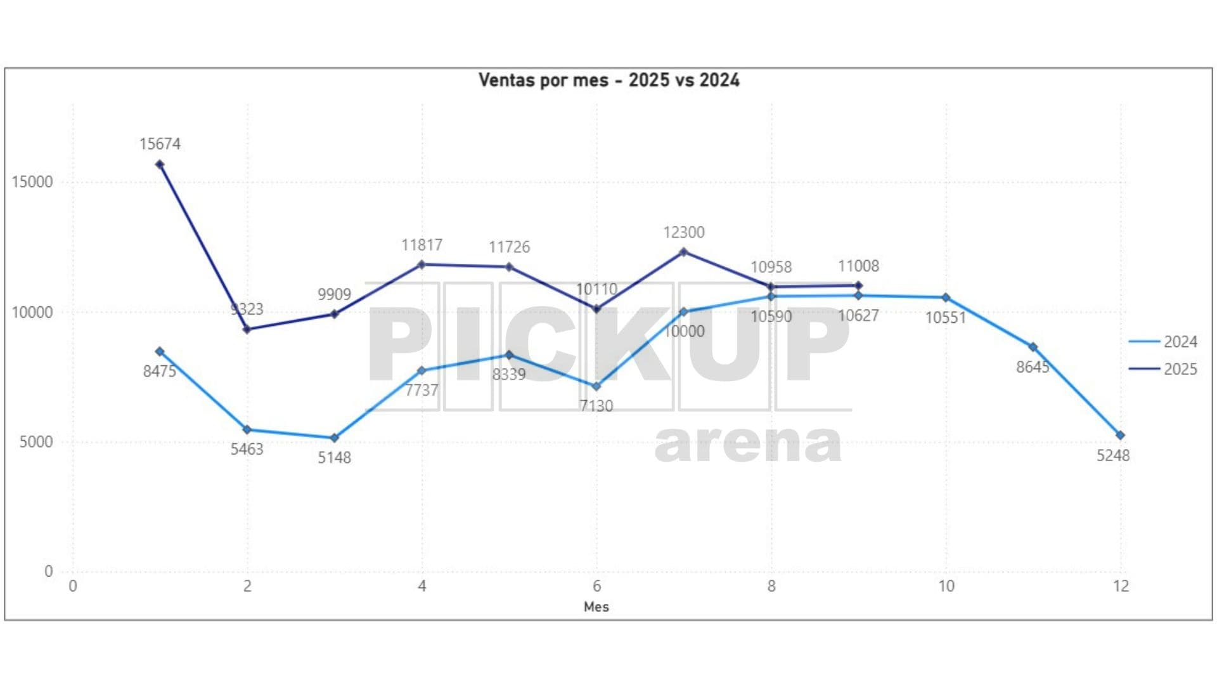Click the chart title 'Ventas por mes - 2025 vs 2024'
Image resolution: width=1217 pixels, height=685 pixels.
click(x=608, y=81)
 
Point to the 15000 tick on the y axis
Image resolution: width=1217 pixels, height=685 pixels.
click(x=32, y=182)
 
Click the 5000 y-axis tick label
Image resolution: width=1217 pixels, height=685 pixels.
click(x=36, y=442)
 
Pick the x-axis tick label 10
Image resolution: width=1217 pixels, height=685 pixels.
click(x=946, y=586)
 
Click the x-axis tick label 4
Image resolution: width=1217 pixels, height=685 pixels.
click(x=422, y=586)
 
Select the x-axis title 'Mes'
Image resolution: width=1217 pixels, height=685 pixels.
click(x=596, y=607)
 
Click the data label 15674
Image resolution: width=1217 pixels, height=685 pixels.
click(x=160, y=144)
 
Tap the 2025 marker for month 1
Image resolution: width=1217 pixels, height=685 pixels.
click(x=160, y=165)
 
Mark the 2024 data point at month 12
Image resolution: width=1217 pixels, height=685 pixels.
click(x=1120, y=435)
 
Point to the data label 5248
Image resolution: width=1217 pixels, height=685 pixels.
click(x=1113, y=455)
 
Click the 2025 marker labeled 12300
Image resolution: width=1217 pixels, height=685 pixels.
click(x=683, y=252)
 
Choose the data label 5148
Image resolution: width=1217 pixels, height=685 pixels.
click(x=334, y=457)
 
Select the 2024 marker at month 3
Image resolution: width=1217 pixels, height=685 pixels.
click(x=335, y=438)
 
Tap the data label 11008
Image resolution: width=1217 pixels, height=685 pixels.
click(x=858, y=266)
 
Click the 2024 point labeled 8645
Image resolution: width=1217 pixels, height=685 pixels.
click(x=1033, y=347)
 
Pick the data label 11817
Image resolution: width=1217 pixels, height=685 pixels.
click(x=422, y=245)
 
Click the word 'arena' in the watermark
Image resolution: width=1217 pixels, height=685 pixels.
click(x=748, y=444)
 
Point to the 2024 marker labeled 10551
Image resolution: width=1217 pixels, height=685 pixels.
click(x=946, y=297)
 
